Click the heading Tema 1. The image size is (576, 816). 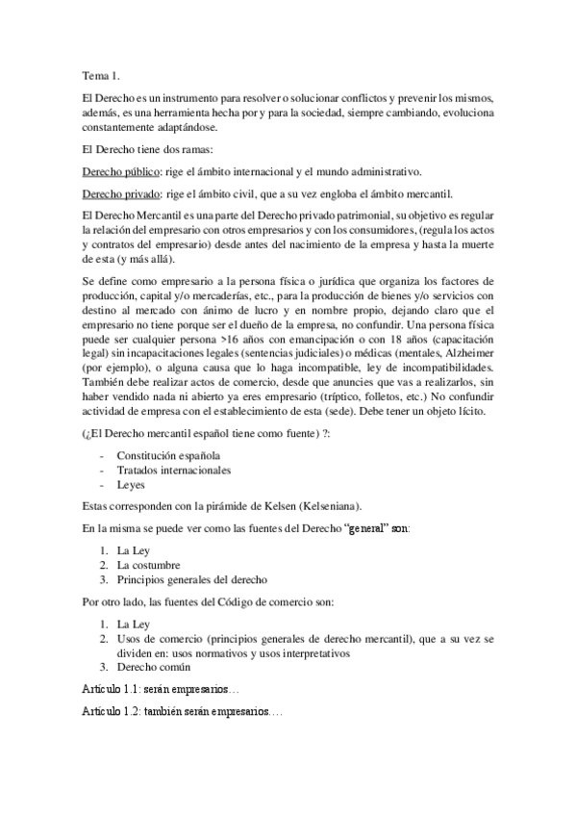101,75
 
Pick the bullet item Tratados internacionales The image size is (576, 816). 173,470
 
